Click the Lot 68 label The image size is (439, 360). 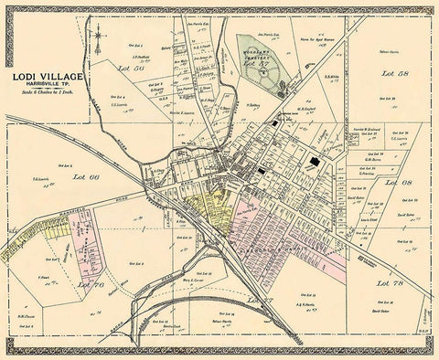point(399,182)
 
